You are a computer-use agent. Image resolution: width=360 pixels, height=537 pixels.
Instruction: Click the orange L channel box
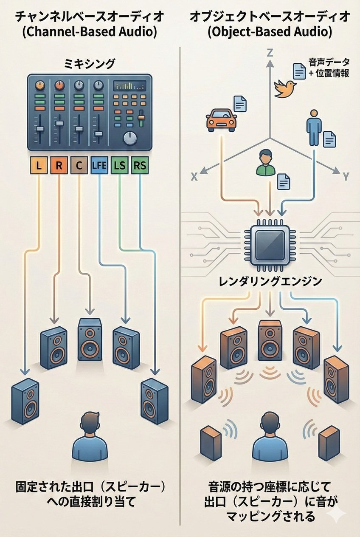tap(39, 165)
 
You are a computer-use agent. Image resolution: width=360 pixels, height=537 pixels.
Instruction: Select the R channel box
tap(59, 165)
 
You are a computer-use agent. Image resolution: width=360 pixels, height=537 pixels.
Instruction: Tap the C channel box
tap(79, 165)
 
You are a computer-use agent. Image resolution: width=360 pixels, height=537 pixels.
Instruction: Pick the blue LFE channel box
tap(99, 165)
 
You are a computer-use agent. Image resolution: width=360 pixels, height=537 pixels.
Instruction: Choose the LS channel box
tap(120, 165)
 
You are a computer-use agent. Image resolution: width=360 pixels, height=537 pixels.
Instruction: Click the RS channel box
tap(140, 165)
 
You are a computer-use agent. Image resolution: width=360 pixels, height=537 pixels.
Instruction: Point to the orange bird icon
tap(285, 88)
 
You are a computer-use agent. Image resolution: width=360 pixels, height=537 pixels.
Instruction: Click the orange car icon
tap(221, 121)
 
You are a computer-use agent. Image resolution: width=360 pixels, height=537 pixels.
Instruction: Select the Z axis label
tap(270, 53)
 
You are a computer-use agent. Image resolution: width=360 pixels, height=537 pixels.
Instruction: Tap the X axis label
tap(194, 177)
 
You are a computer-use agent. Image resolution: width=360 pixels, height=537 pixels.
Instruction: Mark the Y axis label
tap(346, 177)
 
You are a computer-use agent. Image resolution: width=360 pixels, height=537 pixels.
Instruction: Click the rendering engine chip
tap(270, 246)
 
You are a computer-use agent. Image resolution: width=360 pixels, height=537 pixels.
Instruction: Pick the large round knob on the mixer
tap(130, 138)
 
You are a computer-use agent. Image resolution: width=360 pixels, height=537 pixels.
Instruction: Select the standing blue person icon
tap(314, 127)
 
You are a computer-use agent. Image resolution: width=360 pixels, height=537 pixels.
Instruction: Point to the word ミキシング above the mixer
tap(90, 64)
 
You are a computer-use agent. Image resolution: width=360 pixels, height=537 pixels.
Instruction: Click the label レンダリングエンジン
tap(270, 281)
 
